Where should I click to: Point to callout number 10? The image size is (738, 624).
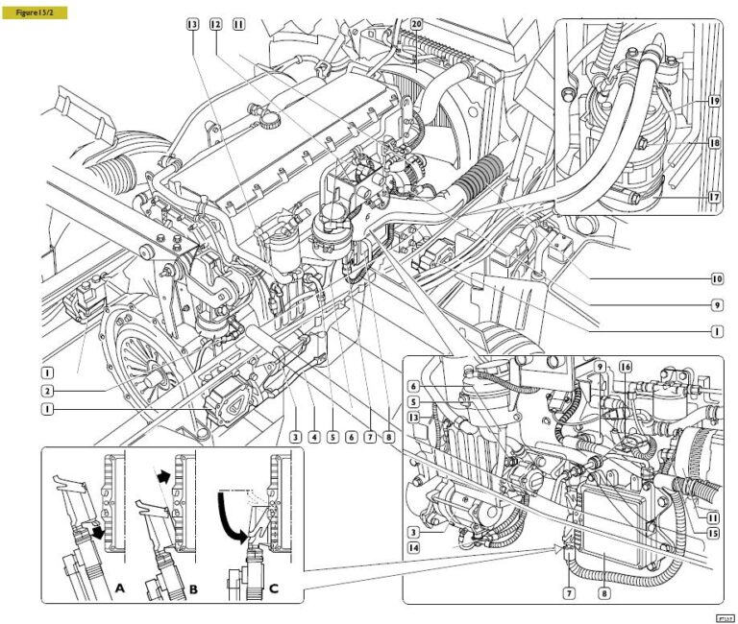[717, 279]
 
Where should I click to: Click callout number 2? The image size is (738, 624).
[46, 391]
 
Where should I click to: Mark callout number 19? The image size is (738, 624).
[715, 101]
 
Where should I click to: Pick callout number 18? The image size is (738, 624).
[715, 142]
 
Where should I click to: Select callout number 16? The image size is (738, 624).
[626, 367]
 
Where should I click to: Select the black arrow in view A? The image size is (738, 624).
[97, 531]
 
